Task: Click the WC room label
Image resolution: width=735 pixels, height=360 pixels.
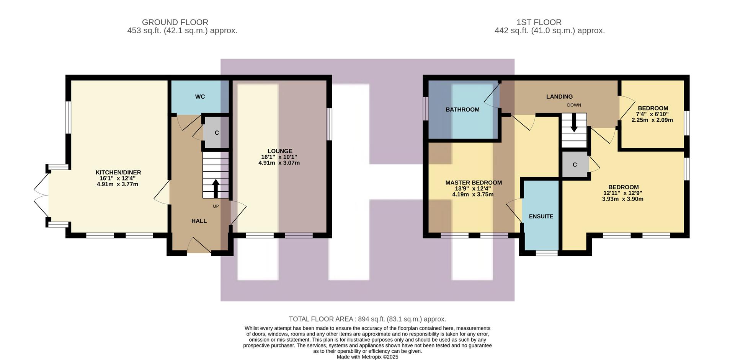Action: (200, 97)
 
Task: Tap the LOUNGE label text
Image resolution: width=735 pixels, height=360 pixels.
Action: (279, 151)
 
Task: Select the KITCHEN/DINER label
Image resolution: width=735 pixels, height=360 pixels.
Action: (118, 173)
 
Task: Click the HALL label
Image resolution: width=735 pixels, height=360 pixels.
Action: (199, 221)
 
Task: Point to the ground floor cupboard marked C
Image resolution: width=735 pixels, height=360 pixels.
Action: (217, 133)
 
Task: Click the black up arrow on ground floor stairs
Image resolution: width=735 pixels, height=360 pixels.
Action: (216, 188)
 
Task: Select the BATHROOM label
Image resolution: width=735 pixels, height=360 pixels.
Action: (462, 110)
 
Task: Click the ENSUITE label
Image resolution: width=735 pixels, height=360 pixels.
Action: (541, 217)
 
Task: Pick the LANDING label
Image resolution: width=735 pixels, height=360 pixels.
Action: (559, 97)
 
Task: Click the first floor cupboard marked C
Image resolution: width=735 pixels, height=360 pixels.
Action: (575, 165)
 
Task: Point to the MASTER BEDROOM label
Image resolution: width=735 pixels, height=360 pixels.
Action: (474, 183)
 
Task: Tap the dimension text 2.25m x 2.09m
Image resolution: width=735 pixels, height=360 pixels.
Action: (652, 120)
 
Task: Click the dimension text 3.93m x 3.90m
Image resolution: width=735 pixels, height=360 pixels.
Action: (622, 199)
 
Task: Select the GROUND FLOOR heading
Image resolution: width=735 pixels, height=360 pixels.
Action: (175, 22)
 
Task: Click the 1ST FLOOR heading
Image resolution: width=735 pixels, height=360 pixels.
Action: (539, 22)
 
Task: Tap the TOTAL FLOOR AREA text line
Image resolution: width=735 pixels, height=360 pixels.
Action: (367, 319)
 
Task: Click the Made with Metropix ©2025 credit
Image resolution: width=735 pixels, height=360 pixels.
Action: (367, 357)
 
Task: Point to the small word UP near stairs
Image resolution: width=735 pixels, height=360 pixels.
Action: (216, 206)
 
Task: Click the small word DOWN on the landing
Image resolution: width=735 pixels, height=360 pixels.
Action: (574, 105)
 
